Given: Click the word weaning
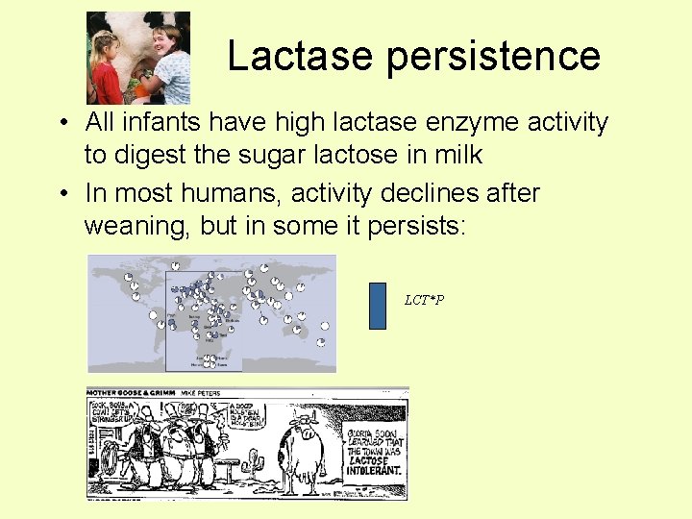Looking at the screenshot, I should [x=131, y=225].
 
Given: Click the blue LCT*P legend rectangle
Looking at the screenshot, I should [x=378, y=306].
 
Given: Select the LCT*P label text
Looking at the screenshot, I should [x=424, y=301].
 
